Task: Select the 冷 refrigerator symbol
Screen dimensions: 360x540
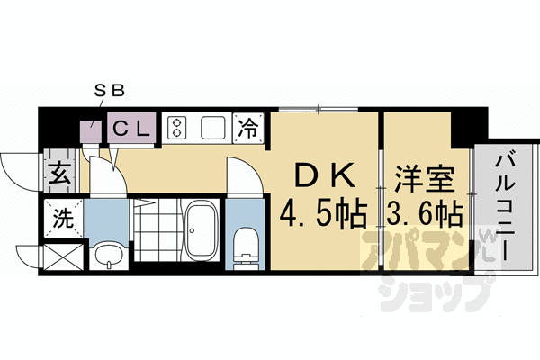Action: point(247,128)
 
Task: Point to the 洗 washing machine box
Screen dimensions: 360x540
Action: point(63,216)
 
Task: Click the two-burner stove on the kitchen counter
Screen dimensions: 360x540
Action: point(177,129)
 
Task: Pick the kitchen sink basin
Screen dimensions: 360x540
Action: point(213,128)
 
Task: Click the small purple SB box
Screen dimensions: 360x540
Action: point(90,134)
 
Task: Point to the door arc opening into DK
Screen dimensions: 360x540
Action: point(241,175)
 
